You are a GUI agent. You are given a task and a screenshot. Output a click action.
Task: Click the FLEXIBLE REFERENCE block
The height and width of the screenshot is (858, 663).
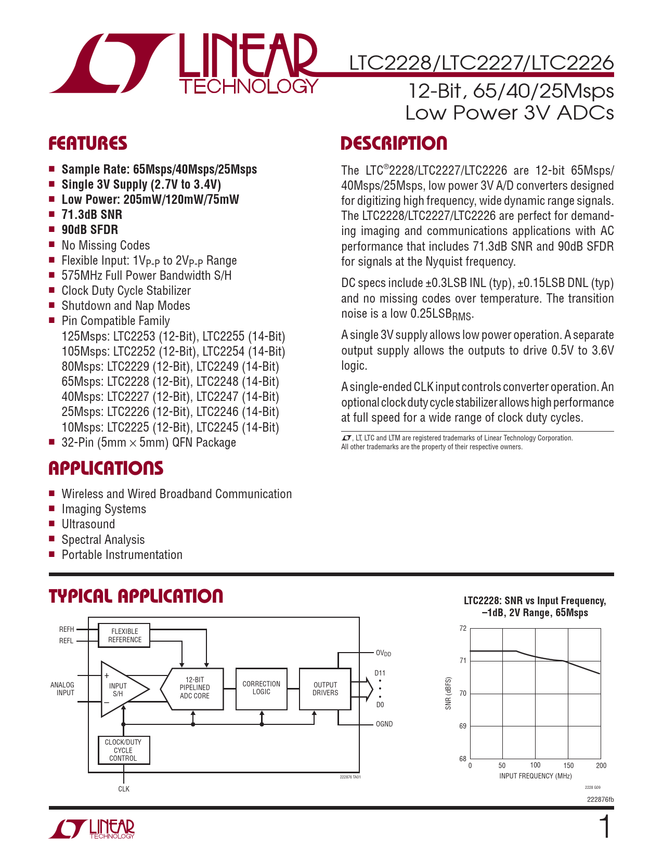pos(124,635)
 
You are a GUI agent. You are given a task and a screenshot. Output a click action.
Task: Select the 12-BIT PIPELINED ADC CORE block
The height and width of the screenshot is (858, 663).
pos(195,688)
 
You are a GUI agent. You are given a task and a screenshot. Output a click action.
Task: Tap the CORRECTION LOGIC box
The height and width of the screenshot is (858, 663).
pos(261,688)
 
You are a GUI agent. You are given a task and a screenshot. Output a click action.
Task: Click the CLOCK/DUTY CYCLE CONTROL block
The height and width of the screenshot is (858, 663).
pos(123,750)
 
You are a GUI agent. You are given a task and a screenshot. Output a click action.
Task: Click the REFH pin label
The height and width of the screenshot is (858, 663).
pos(67,629)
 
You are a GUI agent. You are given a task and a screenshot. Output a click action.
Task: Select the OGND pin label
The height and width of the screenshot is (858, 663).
pos(384,724)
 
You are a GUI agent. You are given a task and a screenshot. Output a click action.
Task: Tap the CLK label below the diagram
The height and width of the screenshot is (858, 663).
pos(124,789)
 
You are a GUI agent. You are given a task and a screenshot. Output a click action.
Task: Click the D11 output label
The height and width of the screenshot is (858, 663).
pos(380,673)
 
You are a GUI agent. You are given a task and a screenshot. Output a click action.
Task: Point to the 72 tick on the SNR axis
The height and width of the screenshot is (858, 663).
pos(463,628)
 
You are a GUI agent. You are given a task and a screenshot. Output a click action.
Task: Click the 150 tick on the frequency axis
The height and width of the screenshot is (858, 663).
pos(568,765)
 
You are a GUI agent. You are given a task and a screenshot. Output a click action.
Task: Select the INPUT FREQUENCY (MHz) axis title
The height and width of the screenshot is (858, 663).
pos(535,776)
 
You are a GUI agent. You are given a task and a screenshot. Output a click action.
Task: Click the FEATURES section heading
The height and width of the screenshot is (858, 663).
pos(88,144)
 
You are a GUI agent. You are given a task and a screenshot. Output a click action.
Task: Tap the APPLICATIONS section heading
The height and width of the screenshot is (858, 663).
pos(106,469)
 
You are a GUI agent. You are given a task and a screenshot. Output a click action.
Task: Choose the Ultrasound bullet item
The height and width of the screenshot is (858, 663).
pos(88,524)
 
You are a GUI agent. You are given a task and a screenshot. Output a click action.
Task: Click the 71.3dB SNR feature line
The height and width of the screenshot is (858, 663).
pos(92,215)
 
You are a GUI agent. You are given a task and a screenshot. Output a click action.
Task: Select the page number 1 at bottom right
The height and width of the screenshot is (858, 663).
pos(605,827)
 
